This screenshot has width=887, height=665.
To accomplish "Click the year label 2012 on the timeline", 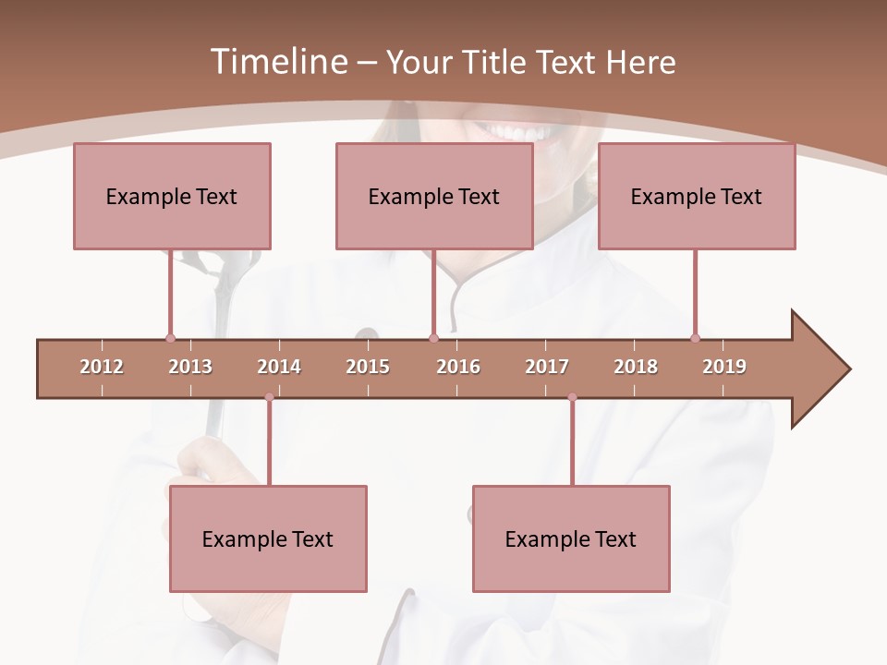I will (x=102, y=367).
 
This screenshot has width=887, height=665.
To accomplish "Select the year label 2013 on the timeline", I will (x=190, y=367).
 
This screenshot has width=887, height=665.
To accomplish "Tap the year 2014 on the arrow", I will (x=279, y=367).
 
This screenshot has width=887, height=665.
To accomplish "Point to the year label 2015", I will (x=368, y=367).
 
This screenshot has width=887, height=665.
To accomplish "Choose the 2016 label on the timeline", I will (x=458, y=367).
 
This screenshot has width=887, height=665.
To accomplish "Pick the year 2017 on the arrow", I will (x=547, y=367).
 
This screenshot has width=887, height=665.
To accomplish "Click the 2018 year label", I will (x=636, y=367).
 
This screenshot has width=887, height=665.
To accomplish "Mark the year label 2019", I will (x=724, y=367).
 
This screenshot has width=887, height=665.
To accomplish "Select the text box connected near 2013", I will (x=172, y=196).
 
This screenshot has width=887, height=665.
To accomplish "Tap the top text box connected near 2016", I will (x=434, y=196).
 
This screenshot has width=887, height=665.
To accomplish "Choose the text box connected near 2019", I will (x=697, y=196).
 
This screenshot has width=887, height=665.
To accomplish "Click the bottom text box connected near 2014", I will (x=268, y=538).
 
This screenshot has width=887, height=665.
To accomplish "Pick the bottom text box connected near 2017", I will (x=571, y=538).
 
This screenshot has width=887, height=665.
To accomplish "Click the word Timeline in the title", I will (x=277, y=62).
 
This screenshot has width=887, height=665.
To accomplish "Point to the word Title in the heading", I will (x=498, y=62).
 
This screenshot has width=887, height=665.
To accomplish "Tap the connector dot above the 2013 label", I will (x=170, y=338).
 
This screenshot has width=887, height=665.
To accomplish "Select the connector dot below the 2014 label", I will (x=269, y=397).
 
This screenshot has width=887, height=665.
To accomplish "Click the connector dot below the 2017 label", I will (x=572, y=397).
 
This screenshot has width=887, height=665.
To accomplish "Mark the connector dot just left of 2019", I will (x=695, y=338).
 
